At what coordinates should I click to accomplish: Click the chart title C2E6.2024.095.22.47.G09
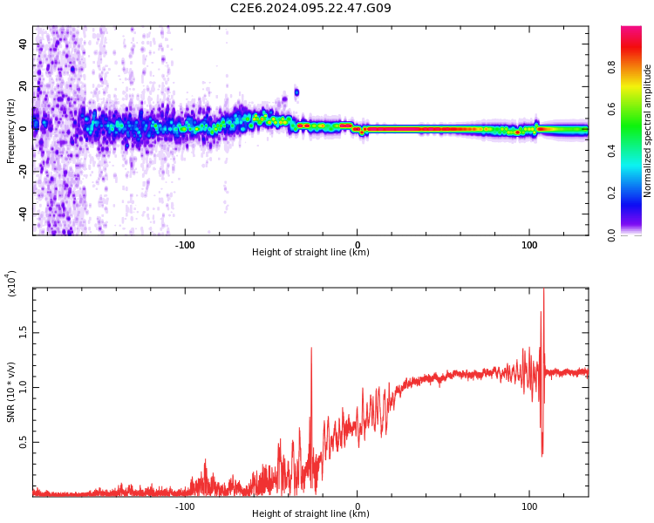pyautogui.click(x=310, y=9)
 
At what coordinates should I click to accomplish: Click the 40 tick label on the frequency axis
pyautogui.click(x=23, y=44)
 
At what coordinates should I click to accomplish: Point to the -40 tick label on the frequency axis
pyautogui.click(x=21, y=214)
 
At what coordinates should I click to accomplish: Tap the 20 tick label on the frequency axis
pyautogui.click(x=23, y=87)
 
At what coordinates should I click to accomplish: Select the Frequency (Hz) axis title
pyautogui.click(x=11, y=131)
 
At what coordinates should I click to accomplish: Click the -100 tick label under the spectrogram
pyautogui.click(x=185, y=245)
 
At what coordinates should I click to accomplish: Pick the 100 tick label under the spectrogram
pyautogui.click(x=529, y=245)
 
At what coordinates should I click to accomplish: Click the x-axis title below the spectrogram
pyautogui.click(x=310, y=253)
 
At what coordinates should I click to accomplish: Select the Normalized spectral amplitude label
pyautogui.click(x=648, y=131)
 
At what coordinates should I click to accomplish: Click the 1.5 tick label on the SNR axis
pyautogui.click(x=23, y=332)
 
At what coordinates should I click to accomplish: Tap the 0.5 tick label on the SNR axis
pyautogui.click(x=23, y=442)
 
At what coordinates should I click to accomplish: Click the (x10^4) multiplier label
pyautogui.click(x=12, y=284)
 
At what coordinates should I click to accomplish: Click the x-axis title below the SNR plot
pyautogui.click(x=310, y=514)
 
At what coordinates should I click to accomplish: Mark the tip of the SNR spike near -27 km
pyautogui.click(x=310, y=348)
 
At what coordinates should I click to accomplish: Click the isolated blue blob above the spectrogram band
pyautogui.click(x=296, y=92)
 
